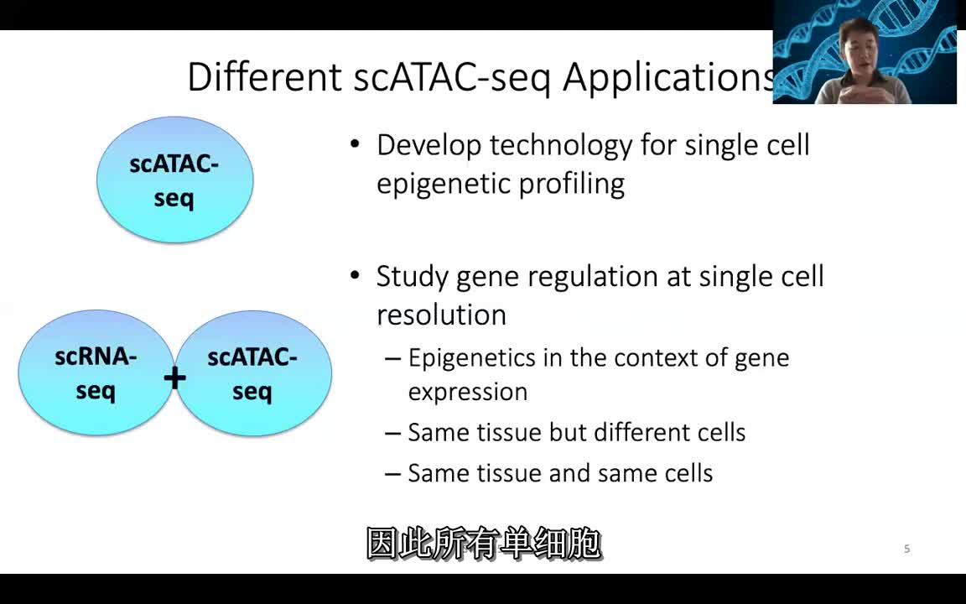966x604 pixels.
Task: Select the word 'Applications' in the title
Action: [669, 77]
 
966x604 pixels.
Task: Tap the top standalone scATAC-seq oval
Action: [174, 180]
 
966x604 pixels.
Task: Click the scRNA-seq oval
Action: [95, 373]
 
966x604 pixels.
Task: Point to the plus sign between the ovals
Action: [174, 378]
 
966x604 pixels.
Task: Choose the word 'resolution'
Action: [441, 315]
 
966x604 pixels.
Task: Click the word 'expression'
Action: [467, 392]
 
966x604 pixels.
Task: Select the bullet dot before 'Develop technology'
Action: [356, 144]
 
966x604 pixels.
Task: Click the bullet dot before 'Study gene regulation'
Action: [356, 275]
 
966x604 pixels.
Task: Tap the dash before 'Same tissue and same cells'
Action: [392, 474]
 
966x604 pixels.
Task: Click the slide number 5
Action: [906, 549]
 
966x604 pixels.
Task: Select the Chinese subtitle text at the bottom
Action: [484, 544]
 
